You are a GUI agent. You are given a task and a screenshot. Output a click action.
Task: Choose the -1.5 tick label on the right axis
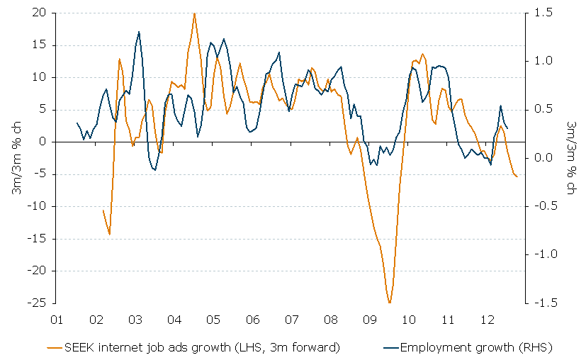click(x=539, y=303)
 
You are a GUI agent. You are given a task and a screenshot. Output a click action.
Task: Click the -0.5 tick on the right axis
click(x=539, y=206)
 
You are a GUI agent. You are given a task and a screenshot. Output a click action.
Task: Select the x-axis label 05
click(x=213, y=320)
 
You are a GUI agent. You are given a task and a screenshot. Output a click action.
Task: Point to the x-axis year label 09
click(x=369, y=320)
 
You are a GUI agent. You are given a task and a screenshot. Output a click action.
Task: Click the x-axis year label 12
click(x=486, y=320)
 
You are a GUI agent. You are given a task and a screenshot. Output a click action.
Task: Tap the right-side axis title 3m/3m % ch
click(x=572, y=157)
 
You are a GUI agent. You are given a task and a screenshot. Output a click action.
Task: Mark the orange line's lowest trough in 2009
click(x=389, y=303)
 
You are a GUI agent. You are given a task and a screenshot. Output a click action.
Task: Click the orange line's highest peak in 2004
click(x=194, y=13)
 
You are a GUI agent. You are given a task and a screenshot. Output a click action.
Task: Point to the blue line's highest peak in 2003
click(x=139, y=31)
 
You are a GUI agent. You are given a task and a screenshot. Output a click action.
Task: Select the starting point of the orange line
click(x=103, y=210)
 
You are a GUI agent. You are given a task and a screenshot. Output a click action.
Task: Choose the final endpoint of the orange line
click(x=517, y=176)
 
